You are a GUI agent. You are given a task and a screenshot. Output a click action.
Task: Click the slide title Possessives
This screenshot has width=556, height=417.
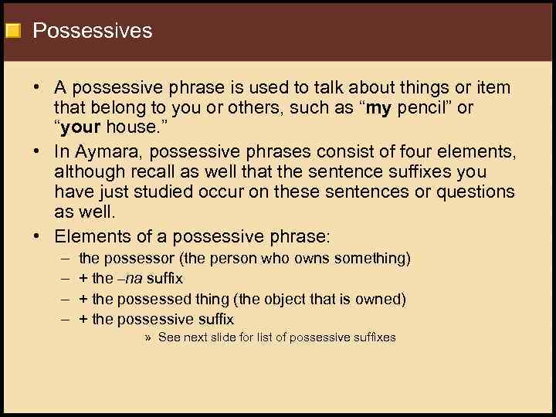click(x=93, y=31)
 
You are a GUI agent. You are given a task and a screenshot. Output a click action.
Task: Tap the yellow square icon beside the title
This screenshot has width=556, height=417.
click(x=12, y=31)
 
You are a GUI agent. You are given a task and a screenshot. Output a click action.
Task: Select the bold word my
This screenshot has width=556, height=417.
click(x=379, y=109)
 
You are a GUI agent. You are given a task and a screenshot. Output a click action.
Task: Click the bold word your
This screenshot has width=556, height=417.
click(x=81, y=128)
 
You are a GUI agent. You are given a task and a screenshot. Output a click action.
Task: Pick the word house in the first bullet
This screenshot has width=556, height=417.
click(x=135, y=128)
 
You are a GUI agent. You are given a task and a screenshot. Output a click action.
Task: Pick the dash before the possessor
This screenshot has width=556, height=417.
click(x=62, y=258)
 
